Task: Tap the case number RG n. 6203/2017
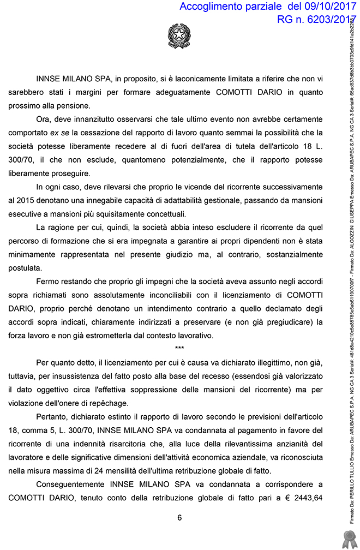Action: point(313,20)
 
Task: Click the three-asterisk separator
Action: point(179,348)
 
